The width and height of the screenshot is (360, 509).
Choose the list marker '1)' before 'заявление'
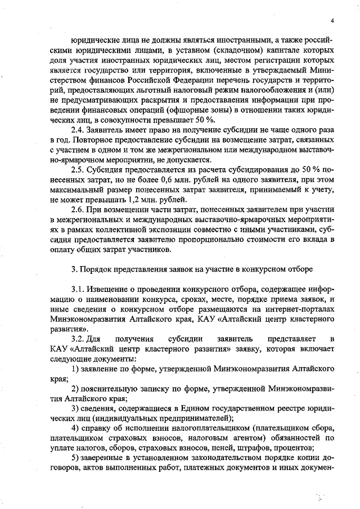tap(75, 369)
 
